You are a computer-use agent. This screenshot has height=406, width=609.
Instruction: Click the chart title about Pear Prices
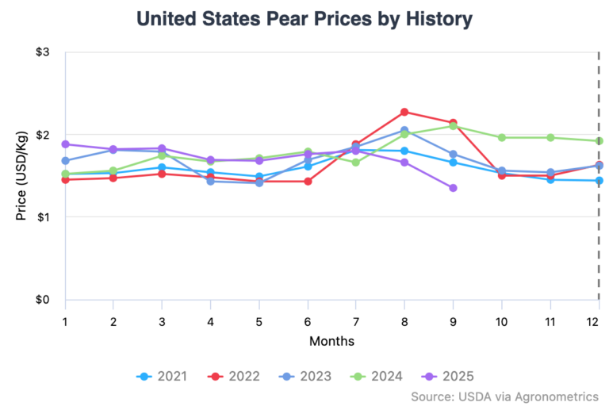(304, 17)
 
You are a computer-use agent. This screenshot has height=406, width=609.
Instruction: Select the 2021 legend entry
(162, 376)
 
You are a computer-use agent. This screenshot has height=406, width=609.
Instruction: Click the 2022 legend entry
(233, 376)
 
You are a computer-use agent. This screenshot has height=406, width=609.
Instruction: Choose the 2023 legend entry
(306, 376)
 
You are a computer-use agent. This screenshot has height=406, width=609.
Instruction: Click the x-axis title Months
(331, 341)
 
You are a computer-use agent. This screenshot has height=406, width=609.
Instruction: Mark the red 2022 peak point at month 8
(404, 112)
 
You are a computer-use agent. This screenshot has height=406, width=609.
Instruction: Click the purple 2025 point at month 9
(453, 188)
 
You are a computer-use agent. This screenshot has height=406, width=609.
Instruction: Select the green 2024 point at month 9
(453, 126)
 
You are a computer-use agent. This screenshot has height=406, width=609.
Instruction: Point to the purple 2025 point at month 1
(66, 144)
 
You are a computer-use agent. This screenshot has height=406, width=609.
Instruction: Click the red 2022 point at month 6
(308, 182)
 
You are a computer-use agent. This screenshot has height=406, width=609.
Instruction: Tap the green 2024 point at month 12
(599, 141)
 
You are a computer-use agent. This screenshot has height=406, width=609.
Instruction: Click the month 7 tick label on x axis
(356, 320)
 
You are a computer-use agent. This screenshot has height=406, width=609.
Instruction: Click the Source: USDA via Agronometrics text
(504, 395)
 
